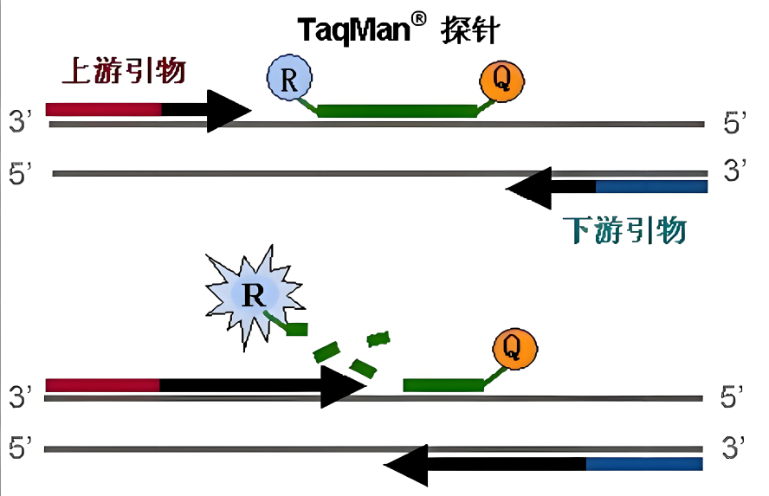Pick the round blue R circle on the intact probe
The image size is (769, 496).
(289, 80)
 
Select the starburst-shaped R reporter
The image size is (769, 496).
(252, 295)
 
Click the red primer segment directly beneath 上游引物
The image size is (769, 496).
(103, 110)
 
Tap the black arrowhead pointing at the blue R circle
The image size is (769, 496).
(228, 110)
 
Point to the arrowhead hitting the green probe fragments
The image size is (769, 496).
(342, 386)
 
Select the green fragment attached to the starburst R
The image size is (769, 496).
(296, 329)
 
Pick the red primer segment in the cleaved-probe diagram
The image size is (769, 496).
(102, 384)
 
